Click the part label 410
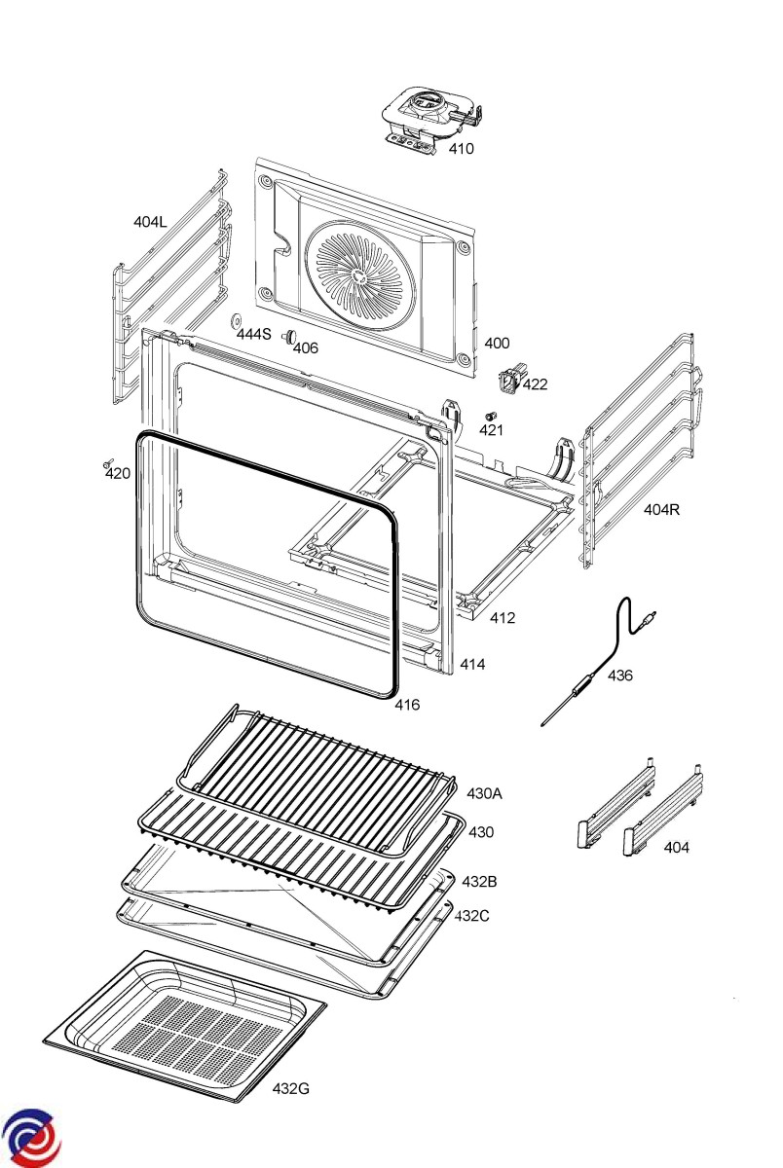tap(462, 149)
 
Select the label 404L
tap(150, 222)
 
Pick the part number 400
tap(497, 343)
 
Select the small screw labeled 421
tap(490, 417)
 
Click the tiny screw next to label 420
tap(108, 462)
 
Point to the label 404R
tap(662, 509)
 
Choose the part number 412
tap(503, 618)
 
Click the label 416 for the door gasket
tap(407, 705)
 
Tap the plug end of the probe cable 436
tap(650, 617)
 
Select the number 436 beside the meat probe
tap(620, 675)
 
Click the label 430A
tap(484, 793)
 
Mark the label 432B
tap(479, 882)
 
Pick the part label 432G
tap(291, 1089)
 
